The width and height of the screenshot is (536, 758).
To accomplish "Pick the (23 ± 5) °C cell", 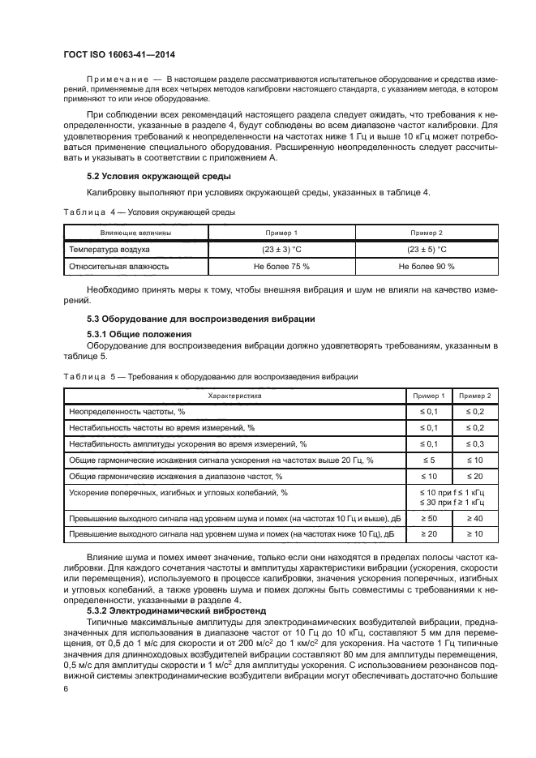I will coord(427,249).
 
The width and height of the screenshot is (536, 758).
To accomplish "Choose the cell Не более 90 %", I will coord(427,266).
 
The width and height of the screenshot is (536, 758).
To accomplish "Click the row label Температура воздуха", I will coord(105,249).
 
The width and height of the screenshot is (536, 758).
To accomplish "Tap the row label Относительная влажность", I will coord(119,266).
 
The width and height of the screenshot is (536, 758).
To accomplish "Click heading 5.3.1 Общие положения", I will coord(139,334).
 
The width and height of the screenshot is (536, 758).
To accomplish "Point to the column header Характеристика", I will coord(235,396).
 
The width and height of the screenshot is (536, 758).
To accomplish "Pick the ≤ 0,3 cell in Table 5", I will coord(474,443).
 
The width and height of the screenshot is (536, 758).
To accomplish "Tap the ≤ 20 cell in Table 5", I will coord(474,476).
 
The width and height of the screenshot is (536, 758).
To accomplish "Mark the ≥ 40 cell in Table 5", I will coord(474,517).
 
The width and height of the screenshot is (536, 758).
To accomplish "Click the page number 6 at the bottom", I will coord(66,689).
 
